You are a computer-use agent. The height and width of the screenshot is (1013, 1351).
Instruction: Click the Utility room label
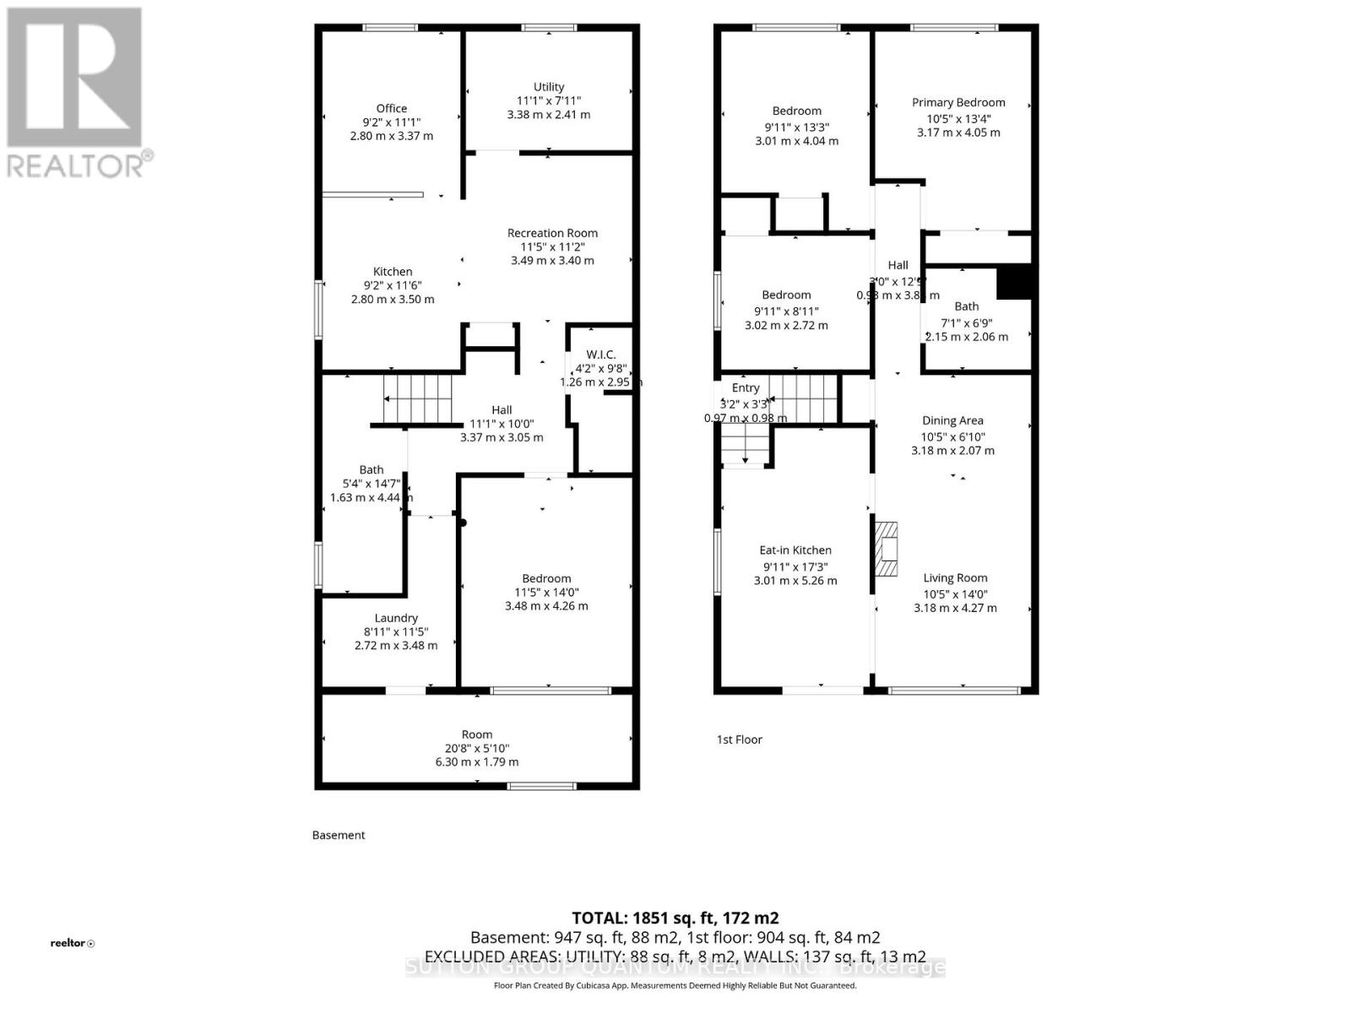point(549,87)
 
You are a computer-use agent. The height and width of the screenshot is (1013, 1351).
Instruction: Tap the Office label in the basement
point(392,108)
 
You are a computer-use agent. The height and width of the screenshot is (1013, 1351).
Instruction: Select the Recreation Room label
point(552,233)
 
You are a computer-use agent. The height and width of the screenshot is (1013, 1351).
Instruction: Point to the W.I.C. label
point(600,355)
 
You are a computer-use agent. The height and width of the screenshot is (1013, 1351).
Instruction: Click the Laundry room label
point(396,618)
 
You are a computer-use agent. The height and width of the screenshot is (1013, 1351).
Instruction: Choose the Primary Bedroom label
point(958,103)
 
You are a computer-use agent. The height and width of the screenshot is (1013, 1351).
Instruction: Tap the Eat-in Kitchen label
point(795,550)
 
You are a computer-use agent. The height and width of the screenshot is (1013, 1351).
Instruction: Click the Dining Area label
point(952,420)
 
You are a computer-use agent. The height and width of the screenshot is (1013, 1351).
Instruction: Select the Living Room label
point(955,578)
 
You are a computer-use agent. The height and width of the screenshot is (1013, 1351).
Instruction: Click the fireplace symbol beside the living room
point(885,549)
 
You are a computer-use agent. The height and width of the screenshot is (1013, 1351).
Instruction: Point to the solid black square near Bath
point(1014,283)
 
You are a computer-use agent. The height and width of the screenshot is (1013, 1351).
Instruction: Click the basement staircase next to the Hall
point(418,398)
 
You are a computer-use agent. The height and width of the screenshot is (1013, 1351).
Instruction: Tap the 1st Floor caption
point(740,739)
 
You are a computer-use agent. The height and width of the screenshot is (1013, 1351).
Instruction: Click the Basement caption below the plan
point(339,835)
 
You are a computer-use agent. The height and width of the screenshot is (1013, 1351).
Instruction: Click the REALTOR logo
point(77,93)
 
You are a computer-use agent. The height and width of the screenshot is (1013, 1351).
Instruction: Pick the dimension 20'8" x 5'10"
point(477,748)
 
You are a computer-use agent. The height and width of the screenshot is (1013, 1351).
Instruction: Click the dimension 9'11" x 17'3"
point(795,567)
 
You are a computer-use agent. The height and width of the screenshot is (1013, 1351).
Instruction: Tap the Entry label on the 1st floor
point(746,388)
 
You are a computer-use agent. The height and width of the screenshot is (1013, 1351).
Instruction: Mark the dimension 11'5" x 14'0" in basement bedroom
point(546,593)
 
